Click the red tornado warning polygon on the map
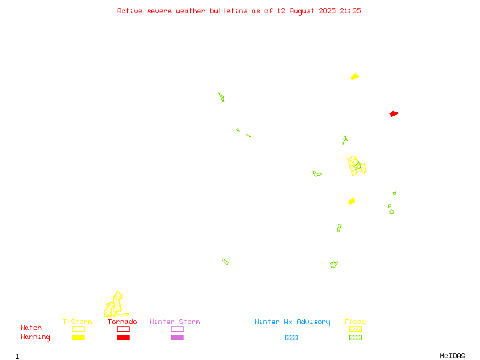[394, 114]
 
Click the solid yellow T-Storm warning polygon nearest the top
[355, 77]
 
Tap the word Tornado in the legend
[122, 322]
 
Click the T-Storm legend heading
[77, 322]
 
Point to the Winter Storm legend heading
[175, 322]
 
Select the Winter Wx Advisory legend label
[292, 322]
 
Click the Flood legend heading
[355, 322]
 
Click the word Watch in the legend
[31, 328]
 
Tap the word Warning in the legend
[35, 337]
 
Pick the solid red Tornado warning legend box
[123, 337]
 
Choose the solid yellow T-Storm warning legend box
[78, 337]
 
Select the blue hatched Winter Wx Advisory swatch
[291, 337]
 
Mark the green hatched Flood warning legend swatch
[355, 337]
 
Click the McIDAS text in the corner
[452, 356]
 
